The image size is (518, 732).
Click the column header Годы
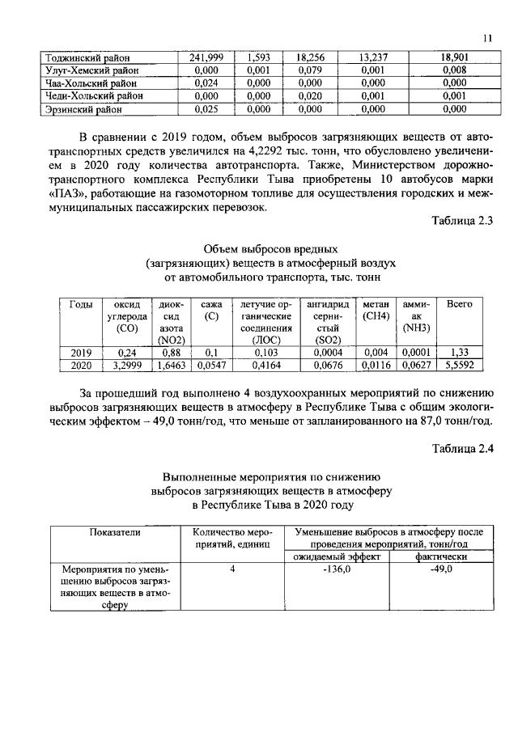tap(81, 304)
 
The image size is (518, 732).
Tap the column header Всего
tap(460, 304)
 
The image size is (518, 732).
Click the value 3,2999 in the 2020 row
tap(127, 366)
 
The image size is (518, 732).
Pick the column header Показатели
tap(115, 532)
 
